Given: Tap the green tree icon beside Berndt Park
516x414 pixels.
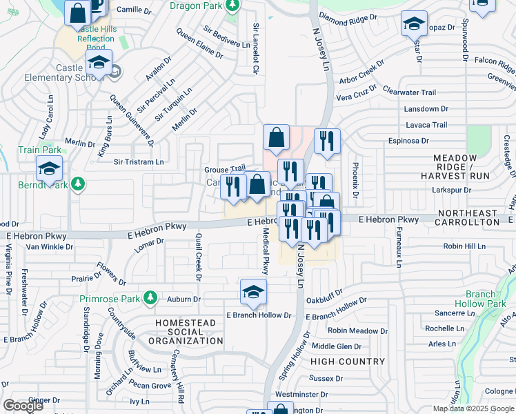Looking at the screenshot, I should coord(79,184).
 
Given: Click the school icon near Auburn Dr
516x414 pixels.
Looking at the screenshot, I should coord(253,292).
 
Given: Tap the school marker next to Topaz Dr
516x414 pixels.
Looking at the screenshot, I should coord(414,26).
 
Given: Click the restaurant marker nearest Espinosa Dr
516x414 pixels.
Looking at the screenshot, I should coord(327,141).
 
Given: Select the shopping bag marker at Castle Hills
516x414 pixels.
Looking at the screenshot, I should coord(78,12).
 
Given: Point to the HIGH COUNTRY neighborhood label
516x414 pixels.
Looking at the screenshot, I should coord(348,362).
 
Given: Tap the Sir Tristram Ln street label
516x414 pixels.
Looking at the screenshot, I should coord(139,162).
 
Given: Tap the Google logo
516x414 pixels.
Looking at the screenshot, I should coord(23,406).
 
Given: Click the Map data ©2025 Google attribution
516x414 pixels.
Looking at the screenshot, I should coord(473,408).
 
